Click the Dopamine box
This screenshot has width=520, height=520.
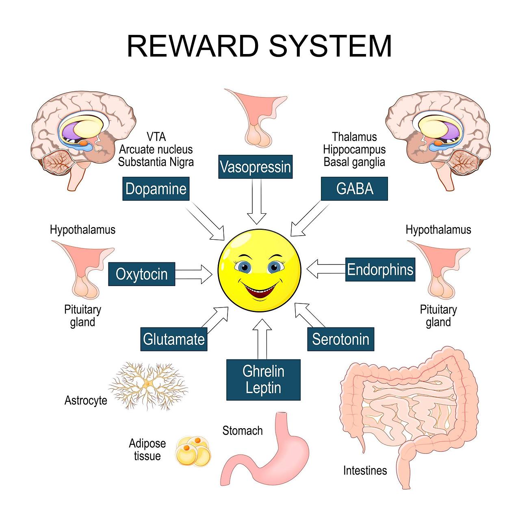pos(156,189)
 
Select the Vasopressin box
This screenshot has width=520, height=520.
pos(255,167)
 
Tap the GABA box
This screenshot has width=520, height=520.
pos(354,189)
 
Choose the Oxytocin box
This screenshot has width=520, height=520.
pos(141,274)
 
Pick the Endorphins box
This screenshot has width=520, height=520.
pos(380,269)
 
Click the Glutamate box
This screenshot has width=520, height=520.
pos(174,339)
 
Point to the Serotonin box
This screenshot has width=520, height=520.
pos(340,339)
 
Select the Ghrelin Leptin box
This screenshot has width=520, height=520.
pos(263,379)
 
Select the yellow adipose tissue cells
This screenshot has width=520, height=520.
pos(193,451)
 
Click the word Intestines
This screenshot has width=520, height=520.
pos(365,470)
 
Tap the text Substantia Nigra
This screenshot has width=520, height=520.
pos(156,162)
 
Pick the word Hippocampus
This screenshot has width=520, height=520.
pos(354,149)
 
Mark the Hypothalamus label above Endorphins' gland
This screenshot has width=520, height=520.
pos(438,230)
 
